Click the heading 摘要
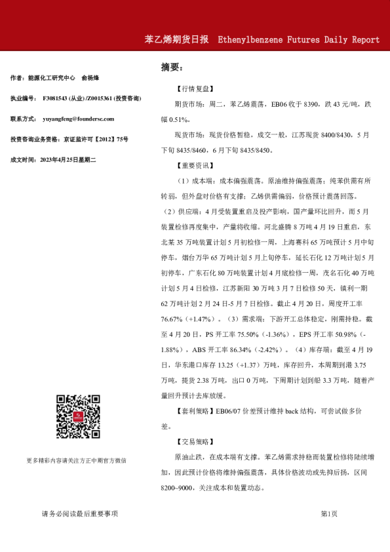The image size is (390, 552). coord(172,67)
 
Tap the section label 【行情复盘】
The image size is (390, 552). coord(195,88)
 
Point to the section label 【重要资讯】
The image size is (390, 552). coord(195,165)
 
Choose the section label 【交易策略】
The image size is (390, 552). coord(195,441)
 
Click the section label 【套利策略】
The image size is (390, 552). coord(195,410)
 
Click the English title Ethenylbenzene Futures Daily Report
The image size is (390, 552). coord(298,39)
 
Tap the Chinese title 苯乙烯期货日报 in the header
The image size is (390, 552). coord(177,39)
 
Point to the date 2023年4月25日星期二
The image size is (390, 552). coord(68,159)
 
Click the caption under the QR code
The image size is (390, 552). coord(77,460)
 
